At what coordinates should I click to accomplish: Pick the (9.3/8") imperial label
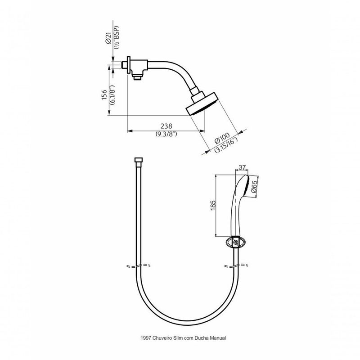tap(166, 135)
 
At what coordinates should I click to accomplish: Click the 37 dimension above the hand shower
tap(242, 167)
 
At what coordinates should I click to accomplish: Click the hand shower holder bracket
tap(235, 242)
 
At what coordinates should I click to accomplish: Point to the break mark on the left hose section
tap(137, 265)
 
